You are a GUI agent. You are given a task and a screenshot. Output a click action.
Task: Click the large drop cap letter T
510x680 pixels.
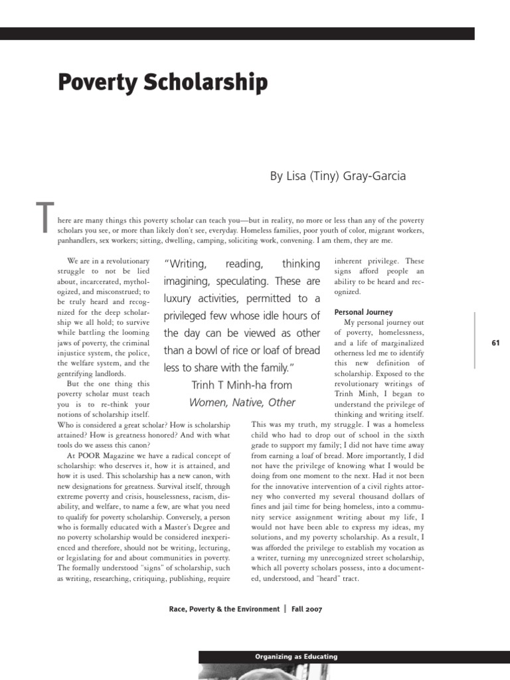(x=44, y=218)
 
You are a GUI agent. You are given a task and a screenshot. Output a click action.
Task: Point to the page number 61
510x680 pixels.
(x=495, y=342)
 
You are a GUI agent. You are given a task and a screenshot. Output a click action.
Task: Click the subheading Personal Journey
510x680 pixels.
(x=363, y=312)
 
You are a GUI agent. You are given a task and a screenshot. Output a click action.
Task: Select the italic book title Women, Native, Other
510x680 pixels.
(x=242, y=402)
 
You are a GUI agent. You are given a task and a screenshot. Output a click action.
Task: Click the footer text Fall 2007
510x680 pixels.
(x=305, y=609)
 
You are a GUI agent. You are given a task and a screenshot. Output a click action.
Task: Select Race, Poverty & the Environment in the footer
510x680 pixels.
(x=224, y=609)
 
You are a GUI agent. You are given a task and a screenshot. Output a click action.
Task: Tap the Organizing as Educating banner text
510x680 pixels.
(x=296, y=657)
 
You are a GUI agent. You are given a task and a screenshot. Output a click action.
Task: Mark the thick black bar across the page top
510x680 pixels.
(x=237, y=34)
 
